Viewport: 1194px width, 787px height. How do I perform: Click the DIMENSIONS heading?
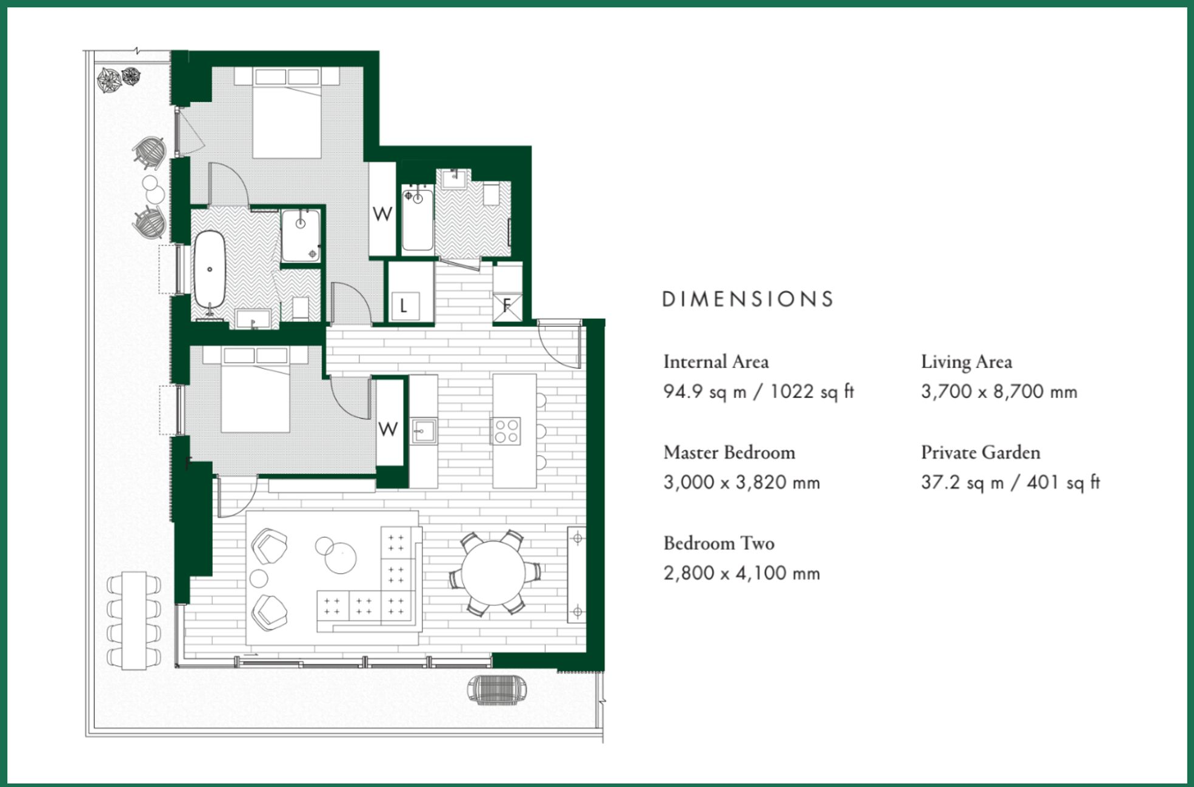[747, 299]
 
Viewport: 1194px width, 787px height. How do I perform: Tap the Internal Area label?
[716, 362]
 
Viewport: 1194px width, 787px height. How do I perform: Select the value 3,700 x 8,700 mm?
[999, 392]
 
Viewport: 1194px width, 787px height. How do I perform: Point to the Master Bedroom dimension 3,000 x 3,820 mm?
[741, 483]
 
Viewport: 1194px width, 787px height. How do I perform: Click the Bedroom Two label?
[718, 543]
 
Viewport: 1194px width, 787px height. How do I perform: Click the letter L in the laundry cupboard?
[404, 306]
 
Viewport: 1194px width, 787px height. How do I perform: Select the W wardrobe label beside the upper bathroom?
[382, 214]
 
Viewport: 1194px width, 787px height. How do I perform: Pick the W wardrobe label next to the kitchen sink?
[388, 429]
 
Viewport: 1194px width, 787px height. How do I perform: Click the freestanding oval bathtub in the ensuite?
[210, 269]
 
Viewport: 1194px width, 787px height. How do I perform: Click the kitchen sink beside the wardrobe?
[424, 432]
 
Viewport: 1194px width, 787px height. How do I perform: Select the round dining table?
[493, 573]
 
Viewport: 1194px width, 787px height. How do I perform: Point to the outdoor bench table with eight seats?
[134, 620]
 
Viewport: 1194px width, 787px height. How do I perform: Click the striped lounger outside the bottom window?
[497, 689]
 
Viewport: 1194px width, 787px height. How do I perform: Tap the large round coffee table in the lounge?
[341, 558]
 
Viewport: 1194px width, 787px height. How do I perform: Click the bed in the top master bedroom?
[287, 115]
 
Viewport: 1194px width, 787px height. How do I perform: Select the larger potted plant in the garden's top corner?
[109, 80]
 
